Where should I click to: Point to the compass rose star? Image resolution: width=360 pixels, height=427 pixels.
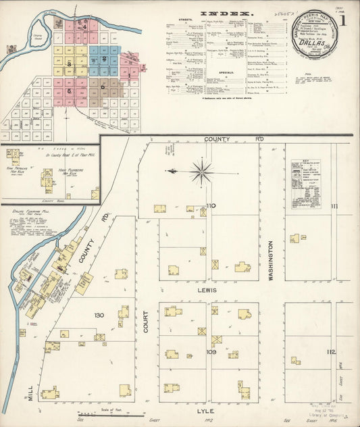coord(201,172)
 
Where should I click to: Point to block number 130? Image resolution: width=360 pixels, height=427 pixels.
coord(99,316)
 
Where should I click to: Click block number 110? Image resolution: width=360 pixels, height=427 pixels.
coord(211,205)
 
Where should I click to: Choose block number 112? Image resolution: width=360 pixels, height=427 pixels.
coord(330,352)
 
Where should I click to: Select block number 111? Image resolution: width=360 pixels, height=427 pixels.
coord(333,205)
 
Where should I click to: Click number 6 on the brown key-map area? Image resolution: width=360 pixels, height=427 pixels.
coord(103,86)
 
